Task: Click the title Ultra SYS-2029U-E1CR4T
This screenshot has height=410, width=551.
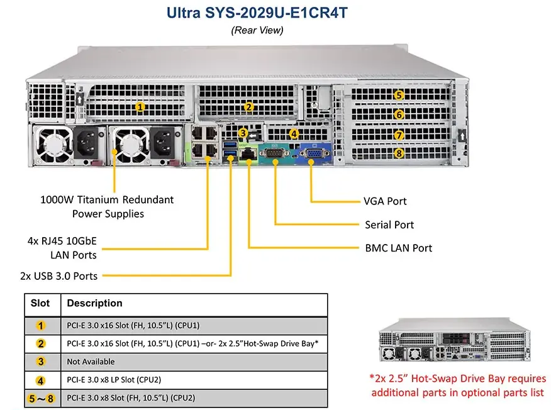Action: tap(257, 12)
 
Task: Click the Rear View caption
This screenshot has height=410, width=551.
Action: tap(257, 30)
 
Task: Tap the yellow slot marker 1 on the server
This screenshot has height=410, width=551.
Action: tap(140, 108)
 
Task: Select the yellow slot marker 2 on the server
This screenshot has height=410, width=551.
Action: tap(249, 108)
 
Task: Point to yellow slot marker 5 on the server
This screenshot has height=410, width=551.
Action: tap(399, 95)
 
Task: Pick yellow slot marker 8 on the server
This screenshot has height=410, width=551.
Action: tap(399, 153)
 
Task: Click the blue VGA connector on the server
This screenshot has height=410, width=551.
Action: tap(312, 153)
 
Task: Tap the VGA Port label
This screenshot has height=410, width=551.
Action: tap(385, 201)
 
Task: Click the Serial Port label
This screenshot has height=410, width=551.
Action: tap(389, 224)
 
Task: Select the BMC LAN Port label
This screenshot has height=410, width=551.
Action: tap(398, 248)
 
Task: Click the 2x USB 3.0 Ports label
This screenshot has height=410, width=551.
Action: tap(58, 275)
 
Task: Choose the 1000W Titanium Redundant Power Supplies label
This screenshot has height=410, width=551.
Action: tap(106, 207)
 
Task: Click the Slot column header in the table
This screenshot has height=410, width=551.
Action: tap(41, 303)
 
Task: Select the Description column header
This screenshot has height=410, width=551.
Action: tap(94, 303)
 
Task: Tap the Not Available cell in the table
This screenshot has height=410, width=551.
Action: tap(91, 362)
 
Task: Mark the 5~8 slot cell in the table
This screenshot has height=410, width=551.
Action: tap(41, 398)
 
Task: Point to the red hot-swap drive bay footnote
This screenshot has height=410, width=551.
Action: tap(458, 385)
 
